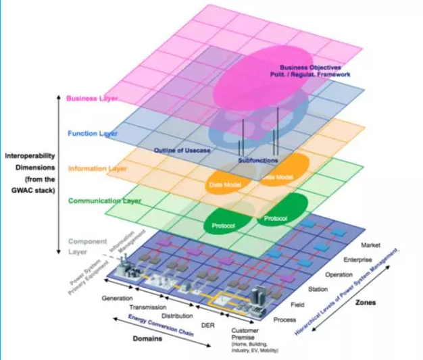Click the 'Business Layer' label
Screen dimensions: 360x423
pyautogui.click(x=92, y=98)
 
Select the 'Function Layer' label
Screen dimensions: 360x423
pyautogui.click(x=92, y=133)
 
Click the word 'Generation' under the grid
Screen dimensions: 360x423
pyautogui.click(x=116, y=298)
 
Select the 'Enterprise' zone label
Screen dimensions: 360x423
pyautogui.click(x=357, y=259)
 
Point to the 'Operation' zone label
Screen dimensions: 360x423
pyautogui.click(x=339, y=275)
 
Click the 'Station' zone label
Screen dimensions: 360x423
pyautogui.click(x=319, y=290)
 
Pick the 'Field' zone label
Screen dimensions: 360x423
pyautogui.click(x=298, y=305)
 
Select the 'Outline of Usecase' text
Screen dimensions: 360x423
pyautogui.click(x=182, y=149)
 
